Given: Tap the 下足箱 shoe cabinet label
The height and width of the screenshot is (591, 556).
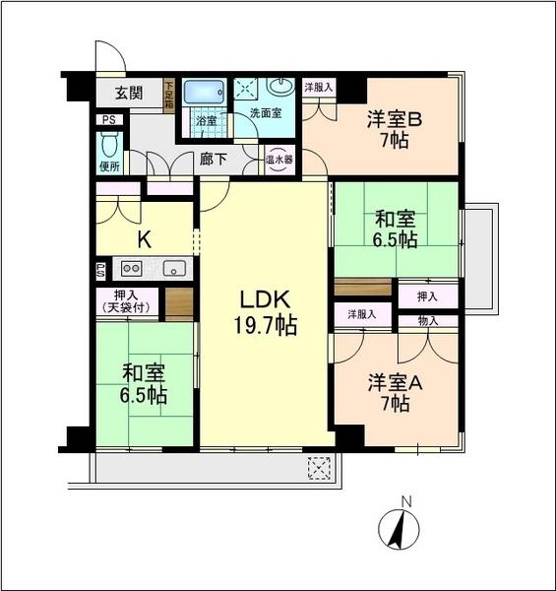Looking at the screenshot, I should pos(168,94).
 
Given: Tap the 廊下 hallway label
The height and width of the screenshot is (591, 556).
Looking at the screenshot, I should pos(214,157).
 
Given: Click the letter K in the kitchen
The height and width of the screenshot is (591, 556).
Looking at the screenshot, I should pos(143,237).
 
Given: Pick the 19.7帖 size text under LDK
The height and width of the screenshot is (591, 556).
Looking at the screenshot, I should pos(261,326).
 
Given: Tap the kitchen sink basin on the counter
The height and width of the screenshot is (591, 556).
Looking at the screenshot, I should pos(174,267).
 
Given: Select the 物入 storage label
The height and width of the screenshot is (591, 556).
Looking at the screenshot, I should pos(427,321).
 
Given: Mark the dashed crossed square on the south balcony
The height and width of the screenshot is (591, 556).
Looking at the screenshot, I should pos(318,467).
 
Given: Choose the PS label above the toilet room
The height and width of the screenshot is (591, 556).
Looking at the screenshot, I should pos(107,120).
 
